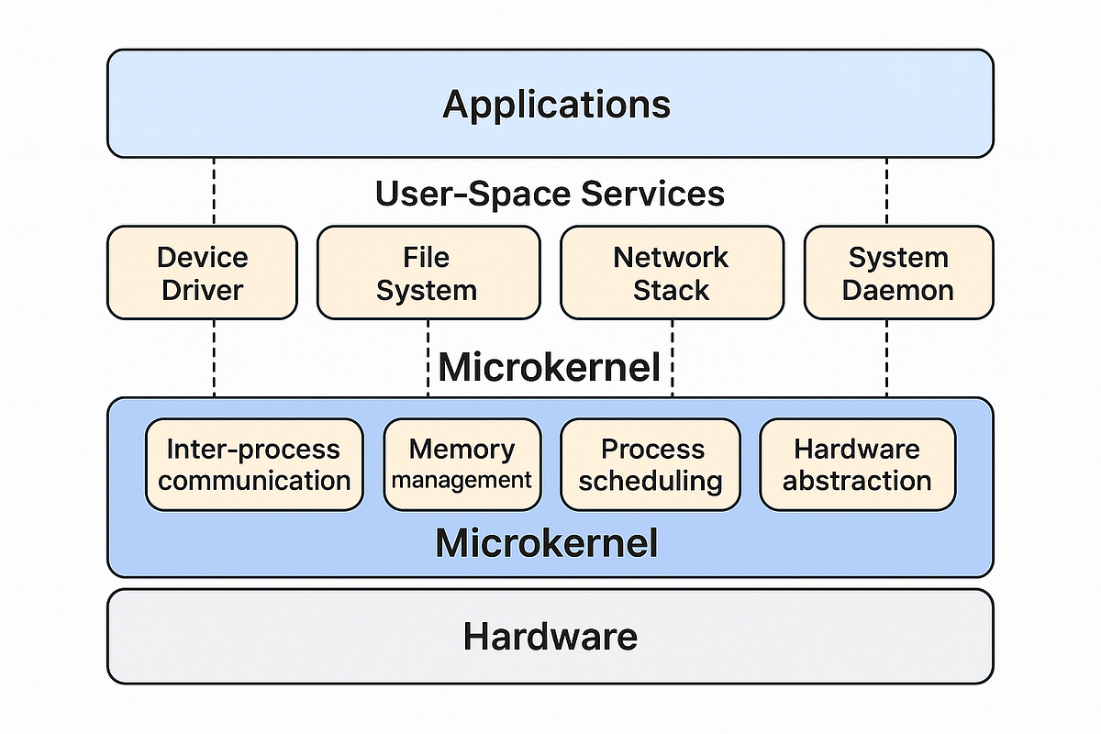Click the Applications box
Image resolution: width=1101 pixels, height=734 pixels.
point(550,104)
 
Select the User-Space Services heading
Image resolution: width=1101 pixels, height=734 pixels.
point(550,194)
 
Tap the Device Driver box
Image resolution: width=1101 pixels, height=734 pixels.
point(202,273)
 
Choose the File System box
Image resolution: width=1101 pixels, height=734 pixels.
point(428,273)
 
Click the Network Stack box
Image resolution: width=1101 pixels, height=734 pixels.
point(672,273)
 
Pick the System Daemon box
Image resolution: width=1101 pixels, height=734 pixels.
point(898,273)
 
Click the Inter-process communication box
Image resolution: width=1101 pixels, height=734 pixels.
point(254,464)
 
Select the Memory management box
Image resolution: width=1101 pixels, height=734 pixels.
point(462,464)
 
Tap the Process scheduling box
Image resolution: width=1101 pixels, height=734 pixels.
point(651,464)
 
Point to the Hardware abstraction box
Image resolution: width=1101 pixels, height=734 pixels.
point(857,464)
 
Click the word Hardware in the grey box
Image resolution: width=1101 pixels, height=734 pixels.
point(550,636)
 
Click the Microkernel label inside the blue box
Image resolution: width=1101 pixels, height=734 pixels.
point(547,543)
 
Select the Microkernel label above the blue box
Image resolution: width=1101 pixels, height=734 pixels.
point(550,368)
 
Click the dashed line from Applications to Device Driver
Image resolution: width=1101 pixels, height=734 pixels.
point(214,191)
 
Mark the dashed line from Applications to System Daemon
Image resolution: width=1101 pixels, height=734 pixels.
point(887,191)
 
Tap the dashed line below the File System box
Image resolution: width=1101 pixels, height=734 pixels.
point(428,358)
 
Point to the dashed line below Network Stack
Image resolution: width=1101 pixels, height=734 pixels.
point(673,358)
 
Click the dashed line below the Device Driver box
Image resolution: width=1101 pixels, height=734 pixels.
point(214,358)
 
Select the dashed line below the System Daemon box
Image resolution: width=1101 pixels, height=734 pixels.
point(887,358)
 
